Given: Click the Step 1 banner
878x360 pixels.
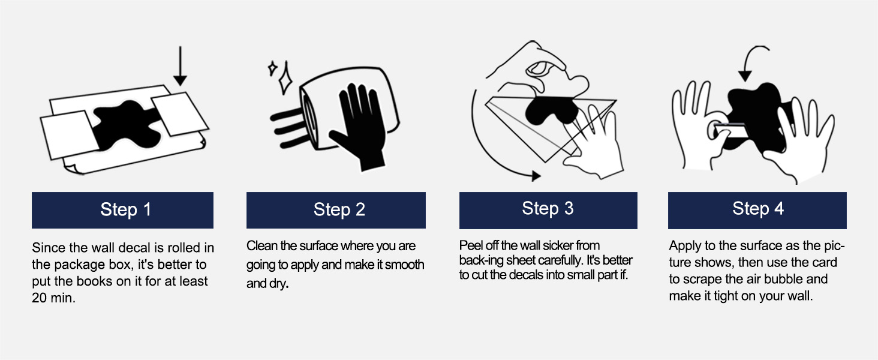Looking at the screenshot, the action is point(123,210).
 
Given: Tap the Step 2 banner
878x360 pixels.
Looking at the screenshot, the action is point(336,210).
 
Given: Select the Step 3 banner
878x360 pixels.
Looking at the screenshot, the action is point(548,210).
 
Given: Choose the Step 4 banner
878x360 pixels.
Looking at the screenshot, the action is point(757,210).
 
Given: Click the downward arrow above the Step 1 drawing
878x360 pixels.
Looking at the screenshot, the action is point(181,66).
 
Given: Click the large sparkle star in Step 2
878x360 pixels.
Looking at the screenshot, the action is point(285,79).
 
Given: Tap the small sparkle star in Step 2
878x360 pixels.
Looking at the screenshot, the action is point(272,68).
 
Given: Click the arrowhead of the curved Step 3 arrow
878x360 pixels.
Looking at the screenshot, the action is point(536,176).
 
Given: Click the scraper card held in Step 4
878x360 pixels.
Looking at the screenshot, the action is point(732,130).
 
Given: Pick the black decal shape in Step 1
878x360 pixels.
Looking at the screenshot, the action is point(126,125).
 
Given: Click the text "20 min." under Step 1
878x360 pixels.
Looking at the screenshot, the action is point(53,298).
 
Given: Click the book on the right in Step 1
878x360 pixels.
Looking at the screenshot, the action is point(180,114).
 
